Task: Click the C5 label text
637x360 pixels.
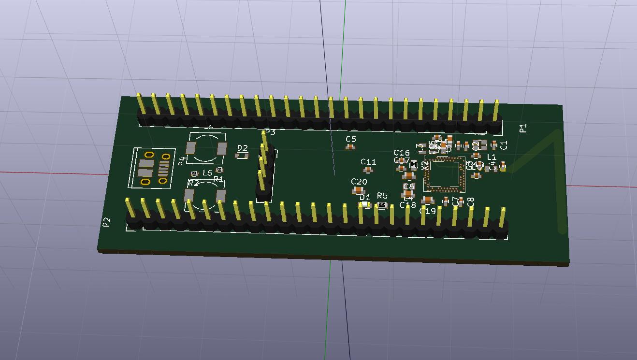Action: pos(351,139)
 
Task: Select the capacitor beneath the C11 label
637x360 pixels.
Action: pos(369,170)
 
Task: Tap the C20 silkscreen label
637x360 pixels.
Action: pos(359,182)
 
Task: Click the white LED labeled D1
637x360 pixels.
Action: pos(364,205)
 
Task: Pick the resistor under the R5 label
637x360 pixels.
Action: pos(382,205)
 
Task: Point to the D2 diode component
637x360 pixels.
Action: pos(242,156)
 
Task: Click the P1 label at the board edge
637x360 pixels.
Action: pos(523,128)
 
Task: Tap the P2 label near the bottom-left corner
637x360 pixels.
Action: pos(106,222)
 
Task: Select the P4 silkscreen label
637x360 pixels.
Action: pos(182,161)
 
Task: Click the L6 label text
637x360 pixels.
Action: pos(207,173)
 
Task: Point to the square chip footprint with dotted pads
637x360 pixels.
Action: pos(444,174)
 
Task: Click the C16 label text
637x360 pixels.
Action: pos(402,153)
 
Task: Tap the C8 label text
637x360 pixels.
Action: pos(471,202)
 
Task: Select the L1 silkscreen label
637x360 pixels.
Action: pos(492,157)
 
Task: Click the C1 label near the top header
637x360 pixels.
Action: pos(504,145)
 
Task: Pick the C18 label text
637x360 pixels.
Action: pos(407,205)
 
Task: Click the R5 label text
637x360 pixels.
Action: pos(382,196)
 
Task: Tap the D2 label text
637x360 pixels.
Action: pos(243,148)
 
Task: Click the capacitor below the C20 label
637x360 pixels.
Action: pos(359,190)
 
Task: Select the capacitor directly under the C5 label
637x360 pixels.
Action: pos(350,147)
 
